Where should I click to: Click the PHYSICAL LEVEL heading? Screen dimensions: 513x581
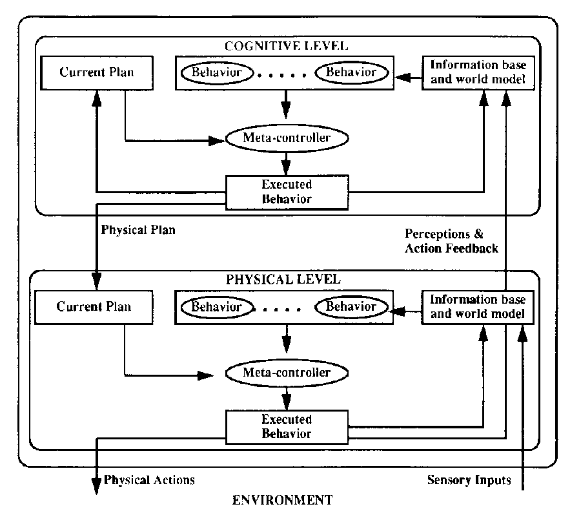[283, 280]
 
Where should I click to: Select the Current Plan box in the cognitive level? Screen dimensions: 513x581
[97, 72]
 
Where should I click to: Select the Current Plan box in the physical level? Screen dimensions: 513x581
[94, 306]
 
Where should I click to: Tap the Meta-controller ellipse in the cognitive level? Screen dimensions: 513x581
[287, 137]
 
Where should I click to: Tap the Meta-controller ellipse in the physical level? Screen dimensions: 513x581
[287, 372]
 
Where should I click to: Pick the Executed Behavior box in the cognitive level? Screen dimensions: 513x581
[287, 191]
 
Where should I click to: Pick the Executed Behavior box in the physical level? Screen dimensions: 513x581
[287, 426]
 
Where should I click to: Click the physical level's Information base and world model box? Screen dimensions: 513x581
[478, 307]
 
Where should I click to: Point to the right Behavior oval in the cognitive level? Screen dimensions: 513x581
[351, 72]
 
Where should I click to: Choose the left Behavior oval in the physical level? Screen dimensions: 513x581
[216, 306]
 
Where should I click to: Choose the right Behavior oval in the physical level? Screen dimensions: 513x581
[351, 306]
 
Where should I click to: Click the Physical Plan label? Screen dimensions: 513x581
[138, 229]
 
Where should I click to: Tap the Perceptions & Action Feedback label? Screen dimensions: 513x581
[451, 240]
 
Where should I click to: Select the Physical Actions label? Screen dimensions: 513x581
[149, 480]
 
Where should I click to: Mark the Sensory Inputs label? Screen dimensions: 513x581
[469, 480]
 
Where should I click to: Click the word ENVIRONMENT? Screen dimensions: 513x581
[283, 499]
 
